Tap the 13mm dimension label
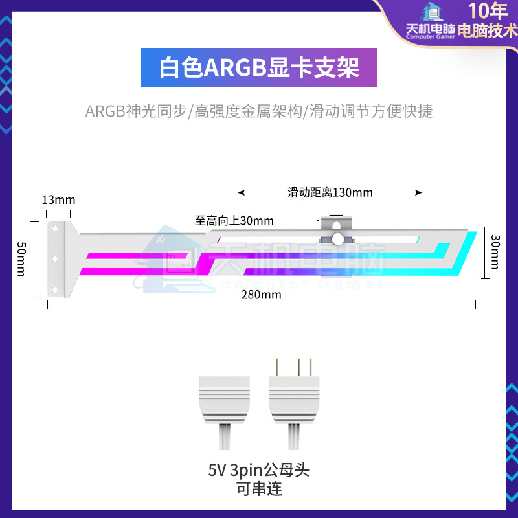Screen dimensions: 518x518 tap(58, 199)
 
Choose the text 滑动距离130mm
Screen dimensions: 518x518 tap(330, 192)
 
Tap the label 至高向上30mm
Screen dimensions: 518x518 tap(234, 220)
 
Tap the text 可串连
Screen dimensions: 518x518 tap(259, 489)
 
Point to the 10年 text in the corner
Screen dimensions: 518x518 tap(488, 11)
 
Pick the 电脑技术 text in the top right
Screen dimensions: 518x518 tap(488, 30)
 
